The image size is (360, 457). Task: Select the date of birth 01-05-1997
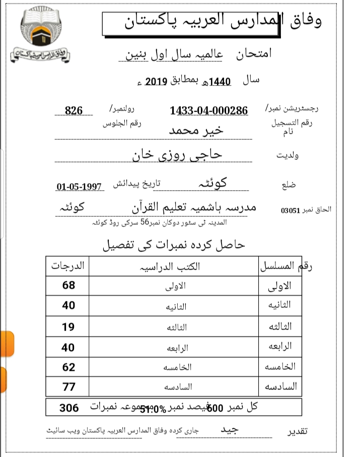(x=80, y=187)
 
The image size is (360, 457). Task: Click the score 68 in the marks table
(x=69, y=285)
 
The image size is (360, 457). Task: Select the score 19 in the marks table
(x=68, y=327)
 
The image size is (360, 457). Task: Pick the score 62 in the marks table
(x=69, y=367)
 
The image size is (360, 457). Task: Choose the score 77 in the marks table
(x=69, y=387)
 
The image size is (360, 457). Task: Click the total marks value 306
(x=69, y=408)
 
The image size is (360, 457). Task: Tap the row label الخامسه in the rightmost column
(x=280, y=366)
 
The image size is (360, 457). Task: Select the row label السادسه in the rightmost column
(x=280, y=387)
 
